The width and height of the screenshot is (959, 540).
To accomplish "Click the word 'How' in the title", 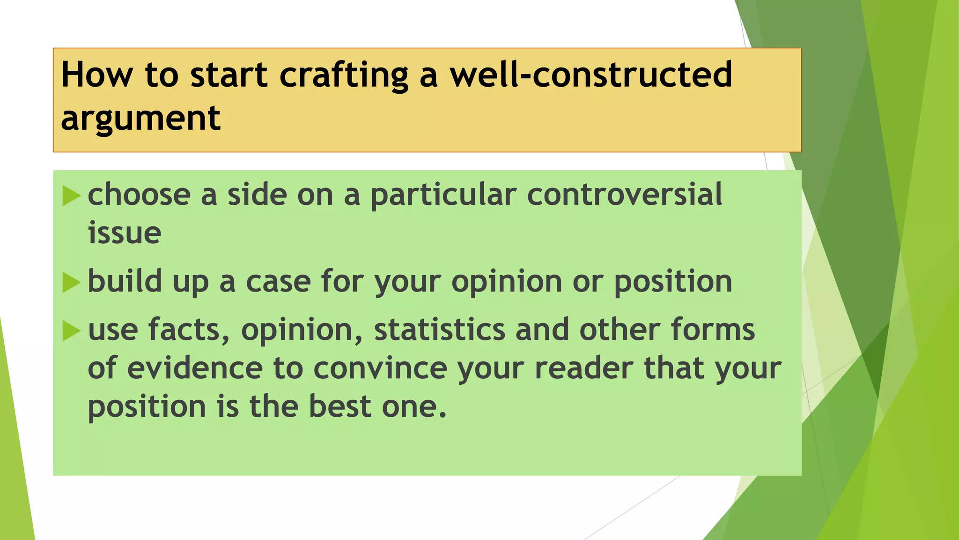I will point(96,75).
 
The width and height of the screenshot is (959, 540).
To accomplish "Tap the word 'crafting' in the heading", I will point(344,75).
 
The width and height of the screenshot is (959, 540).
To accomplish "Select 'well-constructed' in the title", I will point(591,75).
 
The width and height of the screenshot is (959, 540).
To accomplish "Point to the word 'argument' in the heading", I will point(140,118).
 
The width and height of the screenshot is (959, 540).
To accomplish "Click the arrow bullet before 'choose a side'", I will point(71,195).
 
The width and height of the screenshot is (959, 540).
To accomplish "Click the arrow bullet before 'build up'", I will point(71,282).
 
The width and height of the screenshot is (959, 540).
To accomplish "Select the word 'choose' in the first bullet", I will point(139,195).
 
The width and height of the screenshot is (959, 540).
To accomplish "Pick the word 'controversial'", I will point(625,195).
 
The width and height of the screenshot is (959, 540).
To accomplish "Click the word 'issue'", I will point(125,233).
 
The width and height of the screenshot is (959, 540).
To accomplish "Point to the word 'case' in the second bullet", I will point(278,282).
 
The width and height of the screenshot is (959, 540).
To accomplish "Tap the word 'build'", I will point(125,282).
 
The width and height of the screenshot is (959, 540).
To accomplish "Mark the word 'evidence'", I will point(195,368).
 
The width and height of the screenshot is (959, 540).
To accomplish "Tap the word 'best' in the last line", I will point(340,406).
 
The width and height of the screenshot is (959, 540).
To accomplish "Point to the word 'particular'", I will point(443,195).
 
